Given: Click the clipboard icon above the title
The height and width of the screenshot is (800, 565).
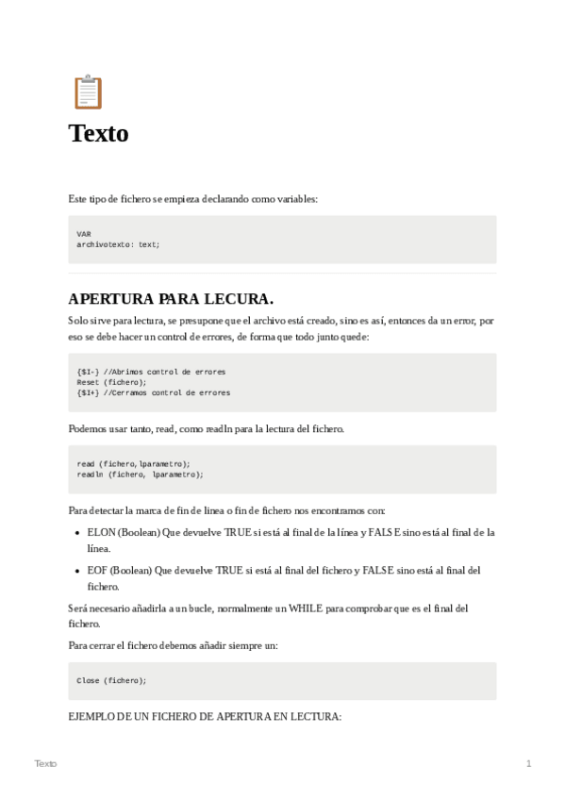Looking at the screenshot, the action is coord(87,92).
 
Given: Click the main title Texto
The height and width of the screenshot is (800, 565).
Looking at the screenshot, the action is coord(98,134).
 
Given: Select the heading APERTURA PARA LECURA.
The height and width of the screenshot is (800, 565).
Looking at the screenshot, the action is coord(171,300).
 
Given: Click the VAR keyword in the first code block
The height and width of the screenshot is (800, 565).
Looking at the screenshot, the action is coord(84,233).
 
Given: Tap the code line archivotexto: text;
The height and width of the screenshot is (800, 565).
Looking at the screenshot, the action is coord(119,243).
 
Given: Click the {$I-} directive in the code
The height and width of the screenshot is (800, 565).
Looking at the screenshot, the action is coord(89,372).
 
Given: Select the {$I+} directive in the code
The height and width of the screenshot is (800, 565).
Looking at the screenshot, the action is coord(89,392).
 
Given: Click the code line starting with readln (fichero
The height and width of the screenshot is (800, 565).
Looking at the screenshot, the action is coord(140,475).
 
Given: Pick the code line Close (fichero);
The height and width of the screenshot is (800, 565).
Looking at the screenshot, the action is coord(111,679).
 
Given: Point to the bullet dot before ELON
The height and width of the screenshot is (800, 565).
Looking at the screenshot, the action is coord(76,533).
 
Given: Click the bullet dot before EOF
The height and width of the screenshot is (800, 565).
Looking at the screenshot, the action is coord(76,571).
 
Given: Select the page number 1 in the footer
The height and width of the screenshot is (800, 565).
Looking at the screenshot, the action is coord(528,762).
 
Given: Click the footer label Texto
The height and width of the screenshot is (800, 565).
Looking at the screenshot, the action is coord(45,762).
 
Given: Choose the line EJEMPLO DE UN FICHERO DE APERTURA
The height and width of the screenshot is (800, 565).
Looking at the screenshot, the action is coord(205,717).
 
